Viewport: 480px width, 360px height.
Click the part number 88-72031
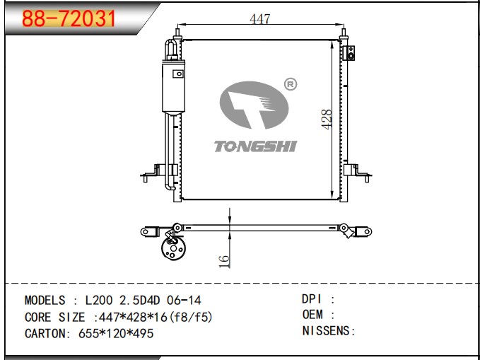69,18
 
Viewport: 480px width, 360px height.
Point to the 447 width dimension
260,19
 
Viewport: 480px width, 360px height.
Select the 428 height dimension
327,120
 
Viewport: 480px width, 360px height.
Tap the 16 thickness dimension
224,261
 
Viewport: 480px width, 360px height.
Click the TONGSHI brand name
256,146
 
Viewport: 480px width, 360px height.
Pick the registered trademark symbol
291,84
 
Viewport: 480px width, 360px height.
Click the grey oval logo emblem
254,105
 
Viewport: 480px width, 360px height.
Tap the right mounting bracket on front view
358,173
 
